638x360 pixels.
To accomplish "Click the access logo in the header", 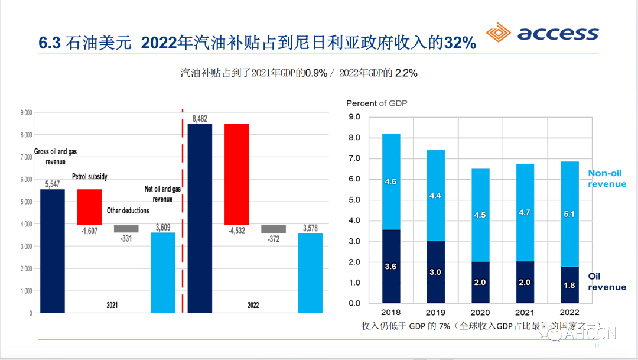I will [542, 34].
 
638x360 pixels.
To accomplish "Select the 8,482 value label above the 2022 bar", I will [200, 118].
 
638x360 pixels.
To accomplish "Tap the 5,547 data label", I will [52, 184].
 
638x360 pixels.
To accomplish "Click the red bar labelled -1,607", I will [89, 207].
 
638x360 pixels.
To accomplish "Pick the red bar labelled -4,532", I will [236, 174].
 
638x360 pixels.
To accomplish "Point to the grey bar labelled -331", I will [126, 229].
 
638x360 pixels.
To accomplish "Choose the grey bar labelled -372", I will [274, 229].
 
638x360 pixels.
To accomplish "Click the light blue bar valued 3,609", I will [163, 273].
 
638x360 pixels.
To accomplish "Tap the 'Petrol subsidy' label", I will [90, 176].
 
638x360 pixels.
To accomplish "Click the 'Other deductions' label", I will [128, 210].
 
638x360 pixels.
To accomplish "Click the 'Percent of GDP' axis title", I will [377, 103].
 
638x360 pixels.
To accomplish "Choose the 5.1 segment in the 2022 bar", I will [569, 214].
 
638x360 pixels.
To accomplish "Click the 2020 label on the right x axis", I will [480, 313].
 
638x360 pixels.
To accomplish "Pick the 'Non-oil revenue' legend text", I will [607, 179].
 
